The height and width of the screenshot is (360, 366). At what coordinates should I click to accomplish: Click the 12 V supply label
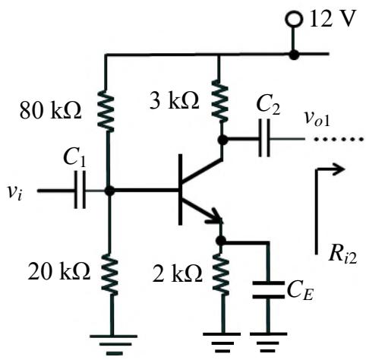click(333, 18)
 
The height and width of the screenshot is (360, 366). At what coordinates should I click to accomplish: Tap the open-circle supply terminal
click(294, 18)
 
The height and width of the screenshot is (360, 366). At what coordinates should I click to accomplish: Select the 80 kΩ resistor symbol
click(106, 111)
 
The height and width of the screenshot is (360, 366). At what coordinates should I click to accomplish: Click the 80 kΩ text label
click(51, 111)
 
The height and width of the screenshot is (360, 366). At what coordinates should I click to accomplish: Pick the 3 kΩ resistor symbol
click(219, 101)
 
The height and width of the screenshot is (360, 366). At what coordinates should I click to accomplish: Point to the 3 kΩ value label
click(175, 100)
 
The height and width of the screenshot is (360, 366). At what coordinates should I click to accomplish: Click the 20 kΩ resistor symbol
click(109, 273)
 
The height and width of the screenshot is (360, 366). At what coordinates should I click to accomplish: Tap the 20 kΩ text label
click(59, 270)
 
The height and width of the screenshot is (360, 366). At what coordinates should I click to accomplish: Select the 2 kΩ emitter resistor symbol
click(221, 273)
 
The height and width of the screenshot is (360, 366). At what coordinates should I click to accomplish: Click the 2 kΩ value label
click(178, 273)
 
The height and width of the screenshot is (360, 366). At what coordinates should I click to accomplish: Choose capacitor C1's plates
click(80, 190)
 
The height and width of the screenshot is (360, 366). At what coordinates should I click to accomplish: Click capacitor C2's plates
click(264, 138)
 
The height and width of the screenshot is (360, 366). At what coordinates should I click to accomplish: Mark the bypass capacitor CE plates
click(269, 289)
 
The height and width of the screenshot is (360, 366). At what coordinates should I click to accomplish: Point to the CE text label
click(300, 291)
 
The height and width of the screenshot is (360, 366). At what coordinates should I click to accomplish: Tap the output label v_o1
click(317, 119)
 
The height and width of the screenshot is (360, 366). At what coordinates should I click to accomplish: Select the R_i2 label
click(343, 255)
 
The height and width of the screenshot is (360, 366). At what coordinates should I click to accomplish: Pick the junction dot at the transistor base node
click(109, 191)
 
